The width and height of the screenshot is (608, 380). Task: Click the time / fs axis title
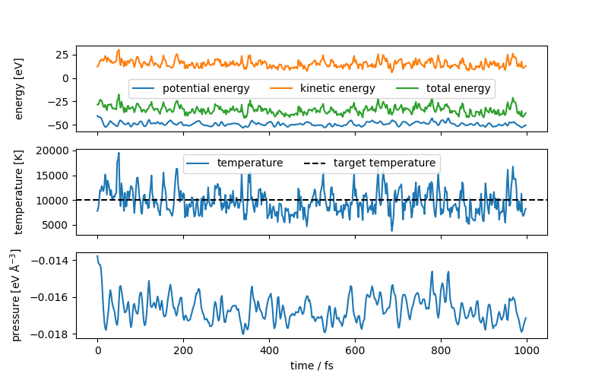[312, 366]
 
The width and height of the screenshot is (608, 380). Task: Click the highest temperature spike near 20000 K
[119, 153]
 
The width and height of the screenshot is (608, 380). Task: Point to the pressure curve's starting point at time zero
[97, 256]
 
